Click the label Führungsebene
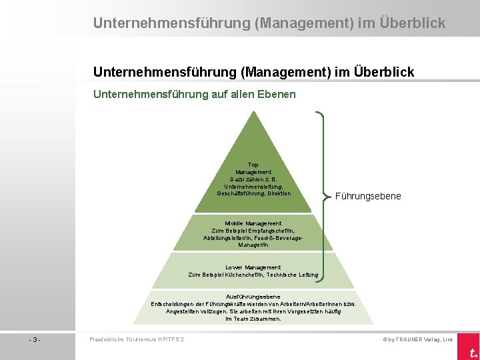coord(368,197)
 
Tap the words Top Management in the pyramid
coord(253,169)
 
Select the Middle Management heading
coord(253,223)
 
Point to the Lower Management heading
coord(253,267)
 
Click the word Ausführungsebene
coord(253,297)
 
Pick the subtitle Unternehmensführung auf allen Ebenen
coord(195,95)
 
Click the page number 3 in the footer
coord(35,339)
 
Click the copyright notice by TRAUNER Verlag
coord(417,339)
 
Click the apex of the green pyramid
coord(253,111)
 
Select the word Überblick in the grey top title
coord(413,23)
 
